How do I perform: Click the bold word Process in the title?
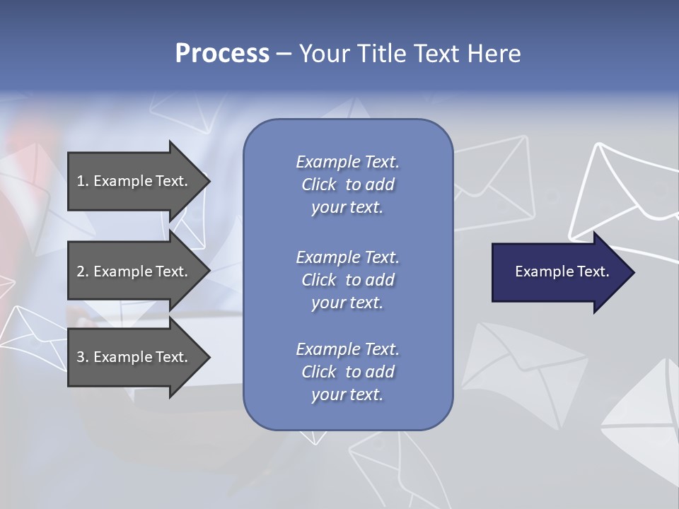tap(222, 54)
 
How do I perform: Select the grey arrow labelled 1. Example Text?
tap(134, 181)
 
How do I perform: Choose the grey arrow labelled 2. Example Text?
tap(134, 271)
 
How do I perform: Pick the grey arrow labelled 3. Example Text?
tap(134, 357)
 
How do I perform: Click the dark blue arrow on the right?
tap(559, 272)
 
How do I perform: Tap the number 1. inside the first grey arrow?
tap(83, 181)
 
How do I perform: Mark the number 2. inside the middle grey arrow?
tap(83, 271)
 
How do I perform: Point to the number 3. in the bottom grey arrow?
tap(83, 357)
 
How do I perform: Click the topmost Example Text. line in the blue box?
tap(347, 162)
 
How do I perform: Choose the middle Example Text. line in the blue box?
tap(347, 257)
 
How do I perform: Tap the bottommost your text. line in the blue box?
tap(347, 394)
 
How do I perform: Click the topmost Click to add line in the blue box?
tap(347, 185)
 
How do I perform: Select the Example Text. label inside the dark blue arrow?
tap(562, 271)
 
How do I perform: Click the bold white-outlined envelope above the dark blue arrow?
tap(622, 194)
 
